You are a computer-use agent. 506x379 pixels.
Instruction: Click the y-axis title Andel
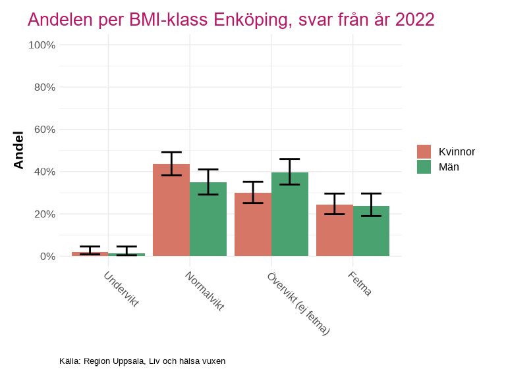pyautogui.click(x=19, y=150)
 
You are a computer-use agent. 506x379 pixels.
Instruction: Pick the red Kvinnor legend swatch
pyautogui.click(x=424, y=152)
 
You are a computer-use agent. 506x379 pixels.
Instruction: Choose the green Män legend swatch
pyautogui.click(x=424, y=167)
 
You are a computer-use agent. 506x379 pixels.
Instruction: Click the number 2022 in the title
pyautogui.click(x=414, y=20)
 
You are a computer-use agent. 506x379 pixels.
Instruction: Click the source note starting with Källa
pyautogui.click(x=142, y=361)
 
